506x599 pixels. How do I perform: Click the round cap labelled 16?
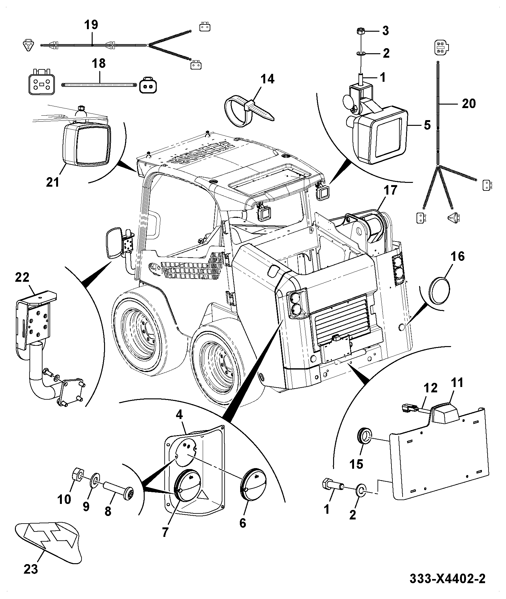[439, 291]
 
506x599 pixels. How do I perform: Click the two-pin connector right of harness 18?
[148, 85]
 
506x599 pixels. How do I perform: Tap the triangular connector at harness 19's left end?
[29, 45]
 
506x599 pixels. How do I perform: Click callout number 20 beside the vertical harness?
[469, 103]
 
